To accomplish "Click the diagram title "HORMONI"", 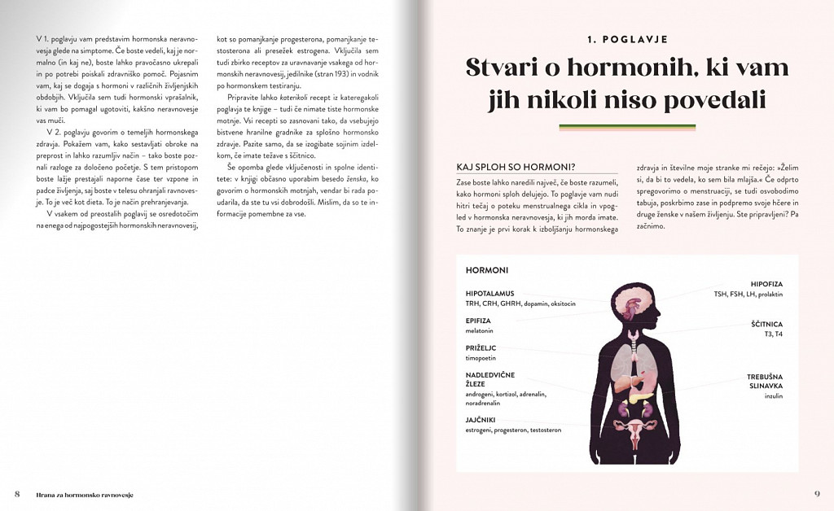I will (487, 270).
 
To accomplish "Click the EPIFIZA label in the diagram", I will (478, 321).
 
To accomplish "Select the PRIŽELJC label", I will (481, 347).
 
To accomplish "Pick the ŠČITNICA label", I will (766, 324).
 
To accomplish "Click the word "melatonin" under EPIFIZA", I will (481, 330).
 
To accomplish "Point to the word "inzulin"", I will (773, 395).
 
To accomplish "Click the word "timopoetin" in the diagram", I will (481, 357).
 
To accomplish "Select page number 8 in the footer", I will (17, 494).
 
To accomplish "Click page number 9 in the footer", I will (817, 494).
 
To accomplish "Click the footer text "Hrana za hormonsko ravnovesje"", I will (85, 495).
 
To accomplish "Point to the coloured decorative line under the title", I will (626, 127).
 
